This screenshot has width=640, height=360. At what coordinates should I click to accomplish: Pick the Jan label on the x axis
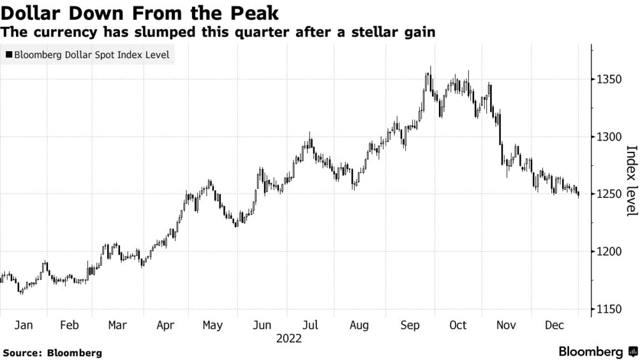pyautogui.click(x=23, y=326)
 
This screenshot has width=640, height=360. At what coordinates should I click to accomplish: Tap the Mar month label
pyautogui.click(x=117, y=326)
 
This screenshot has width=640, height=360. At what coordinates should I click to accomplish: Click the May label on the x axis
pyautogui.click(x=212, y=326)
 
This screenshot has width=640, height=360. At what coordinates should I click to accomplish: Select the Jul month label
pyautogui.click(x=309, y=326)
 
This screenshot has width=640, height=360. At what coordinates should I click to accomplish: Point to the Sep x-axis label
pyautogui.click(x=410, y=326)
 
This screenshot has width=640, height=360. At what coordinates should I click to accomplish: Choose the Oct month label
pyautogui.click(x=458, y=326)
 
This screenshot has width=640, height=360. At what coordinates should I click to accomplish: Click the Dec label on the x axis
pyautogui.click(x=554, y=326)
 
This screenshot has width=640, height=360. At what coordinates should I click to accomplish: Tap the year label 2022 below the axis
pyautogui.click(x=288, y=339)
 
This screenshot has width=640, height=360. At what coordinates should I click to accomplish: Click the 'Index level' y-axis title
pyautogui.click(x=631, y=181)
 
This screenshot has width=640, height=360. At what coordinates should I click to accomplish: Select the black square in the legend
pyautogui.click(x=9, y=55)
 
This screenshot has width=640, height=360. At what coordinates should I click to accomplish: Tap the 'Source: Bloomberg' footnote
pyautogui.click(x=52, y=352)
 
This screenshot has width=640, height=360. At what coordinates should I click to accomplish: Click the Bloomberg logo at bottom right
pyautogui.click(x=597, y=352)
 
